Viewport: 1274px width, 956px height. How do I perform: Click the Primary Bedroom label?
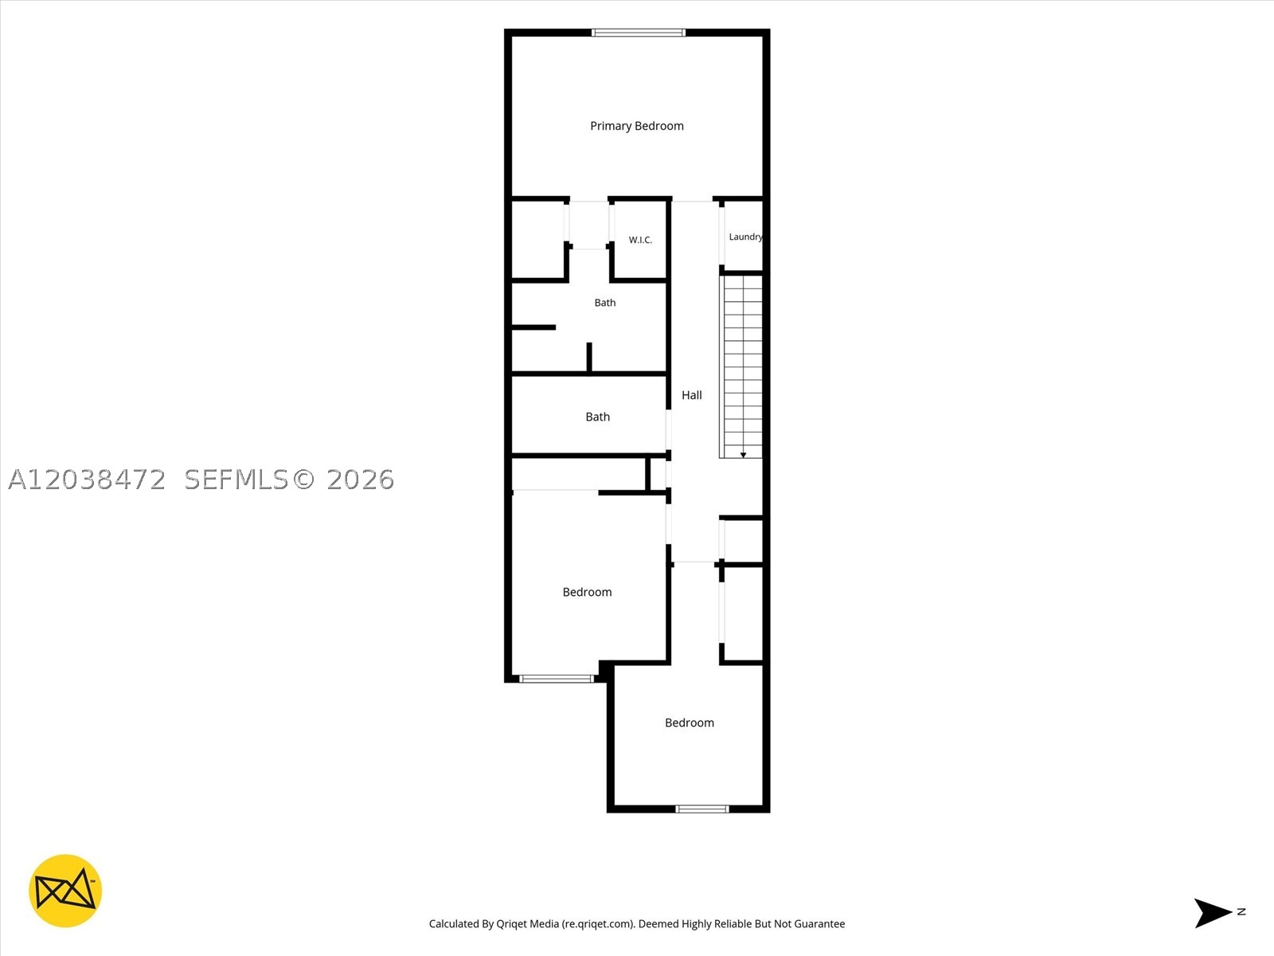click(637, 126)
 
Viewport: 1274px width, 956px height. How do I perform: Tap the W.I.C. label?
click(640, 240)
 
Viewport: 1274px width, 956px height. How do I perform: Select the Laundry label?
click(746, 237)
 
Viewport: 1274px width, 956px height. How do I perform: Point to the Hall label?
click(691, 395)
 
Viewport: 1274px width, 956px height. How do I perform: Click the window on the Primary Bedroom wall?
click(639, 33)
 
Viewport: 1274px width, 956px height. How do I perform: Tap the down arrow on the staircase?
click(743, 455)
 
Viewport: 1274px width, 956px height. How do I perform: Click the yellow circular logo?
click(65, 891)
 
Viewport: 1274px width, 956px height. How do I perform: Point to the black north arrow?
click(1212, 913)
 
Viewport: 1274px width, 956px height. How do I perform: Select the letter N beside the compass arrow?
click(1241, 912)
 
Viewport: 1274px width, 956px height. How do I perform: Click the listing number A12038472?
click(87, 480)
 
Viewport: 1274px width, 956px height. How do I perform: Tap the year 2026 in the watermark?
click(360, 480)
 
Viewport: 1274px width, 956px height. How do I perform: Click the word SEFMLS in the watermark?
click(236, 480)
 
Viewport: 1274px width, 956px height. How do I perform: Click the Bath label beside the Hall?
click(597, 417)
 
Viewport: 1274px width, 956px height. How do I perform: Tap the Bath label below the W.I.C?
click(605, 303)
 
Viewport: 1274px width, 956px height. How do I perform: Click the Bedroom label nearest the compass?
click(689, 723)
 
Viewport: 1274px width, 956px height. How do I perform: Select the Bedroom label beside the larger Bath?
click(587, 592)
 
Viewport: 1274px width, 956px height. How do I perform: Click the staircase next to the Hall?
click(741, 366)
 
